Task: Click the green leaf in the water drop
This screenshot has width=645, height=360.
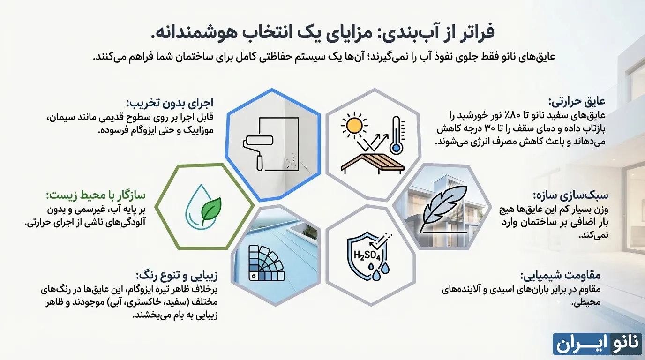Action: point(211,210)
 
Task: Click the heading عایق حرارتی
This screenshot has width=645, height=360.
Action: point(577,102)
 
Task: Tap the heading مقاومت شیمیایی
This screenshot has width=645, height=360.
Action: point(561,275)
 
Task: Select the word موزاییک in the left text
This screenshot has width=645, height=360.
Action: point(196,130)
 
